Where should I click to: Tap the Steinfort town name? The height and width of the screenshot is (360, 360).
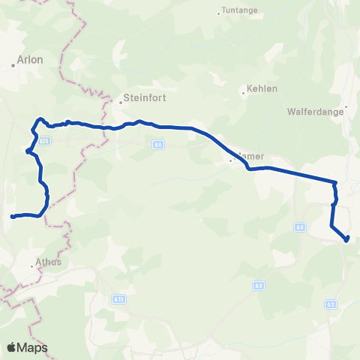(x=139, y=97)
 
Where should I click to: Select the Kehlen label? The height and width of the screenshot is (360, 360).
(x=262, y=88)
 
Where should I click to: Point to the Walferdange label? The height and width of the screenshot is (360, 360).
(x=315, y=112)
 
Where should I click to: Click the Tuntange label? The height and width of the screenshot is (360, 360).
(x=238, y=11)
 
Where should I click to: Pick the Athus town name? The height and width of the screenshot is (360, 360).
(x=47, y=263)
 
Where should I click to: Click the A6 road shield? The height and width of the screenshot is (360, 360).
(x=158, y=145)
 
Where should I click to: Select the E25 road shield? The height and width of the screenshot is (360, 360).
(x=45, y=140)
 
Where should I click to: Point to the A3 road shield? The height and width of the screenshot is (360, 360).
(x=331, y=304)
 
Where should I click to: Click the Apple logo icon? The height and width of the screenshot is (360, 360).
(x=11, y=347)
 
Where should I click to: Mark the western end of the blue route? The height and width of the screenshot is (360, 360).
(x=12, y=217)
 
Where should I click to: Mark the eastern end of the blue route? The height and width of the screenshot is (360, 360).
(x=346, y=240)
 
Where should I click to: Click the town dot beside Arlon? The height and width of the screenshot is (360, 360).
(x=13, y=65)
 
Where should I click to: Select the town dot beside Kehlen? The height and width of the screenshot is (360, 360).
(x=242, y=94)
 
